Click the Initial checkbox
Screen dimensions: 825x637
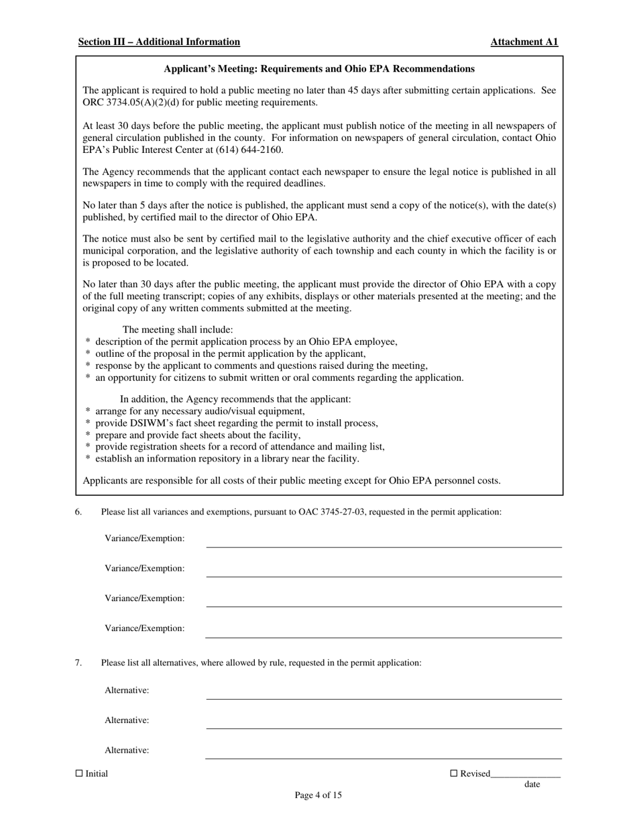coord(79,773)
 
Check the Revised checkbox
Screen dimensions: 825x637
coord(453,773)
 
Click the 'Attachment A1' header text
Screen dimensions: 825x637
coord(524,42)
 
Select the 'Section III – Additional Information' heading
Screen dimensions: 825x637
coord(159,42)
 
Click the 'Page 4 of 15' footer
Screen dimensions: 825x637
coord(318,795)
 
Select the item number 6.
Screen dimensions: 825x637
coord(78,512)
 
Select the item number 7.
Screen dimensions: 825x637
coord(78,663)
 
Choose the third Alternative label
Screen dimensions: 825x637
coord(127,750)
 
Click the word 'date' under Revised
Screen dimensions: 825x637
coord(532,784)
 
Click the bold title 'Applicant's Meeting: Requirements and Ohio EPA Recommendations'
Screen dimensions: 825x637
coord(319,68)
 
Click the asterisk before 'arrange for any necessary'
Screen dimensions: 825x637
coord(88,412)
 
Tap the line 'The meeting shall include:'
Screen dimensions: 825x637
coord(178,329)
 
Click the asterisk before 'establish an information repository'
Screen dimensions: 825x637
coord(88,459)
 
